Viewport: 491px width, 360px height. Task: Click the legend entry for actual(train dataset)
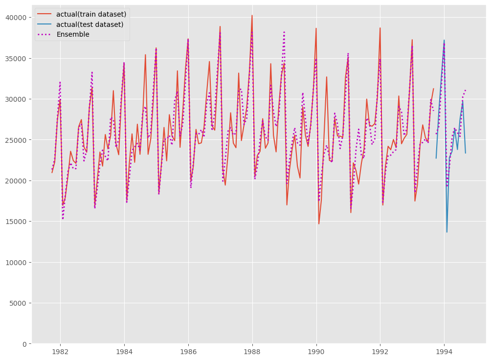click(x=91, y=14)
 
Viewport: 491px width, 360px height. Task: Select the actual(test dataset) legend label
click(x=89, y=24)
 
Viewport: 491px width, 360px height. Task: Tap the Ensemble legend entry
click(x=73, y=34)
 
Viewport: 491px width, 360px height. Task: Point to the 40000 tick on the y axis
click(x=17, y=18)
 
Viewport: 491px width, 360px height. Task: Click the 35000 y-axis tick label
click(x=17, y=58)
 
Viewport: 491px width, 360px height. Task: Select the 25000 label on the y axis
click(x=17, y=140)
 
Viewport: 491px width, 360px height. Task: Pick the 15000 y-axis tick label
click(x=17, y=222)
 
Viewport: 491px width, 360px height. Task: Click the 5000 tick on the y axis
click(x=19, y=303)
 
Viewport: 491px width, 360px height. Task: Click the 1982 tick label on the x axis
click(x=60, y=351)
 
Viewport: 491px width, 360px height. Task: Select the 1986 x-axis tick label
click(x=188, y=351)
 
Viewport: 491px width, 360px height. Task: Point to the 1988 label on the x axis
click(x=252, y=351)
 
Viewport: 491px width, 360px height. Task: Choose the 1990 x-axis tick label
click(x=316, y=351)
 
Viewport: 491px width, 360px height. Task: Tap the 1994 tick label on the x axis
click(x=444, y=351)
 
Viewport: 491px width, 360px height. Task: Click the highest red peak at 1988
click(x=252, y=15)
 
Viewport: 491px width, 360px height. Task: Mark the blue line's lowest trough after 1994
click(x=447, y=232)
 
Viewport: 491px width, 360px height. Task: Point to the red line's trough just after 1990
click(x=319, y=224)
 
